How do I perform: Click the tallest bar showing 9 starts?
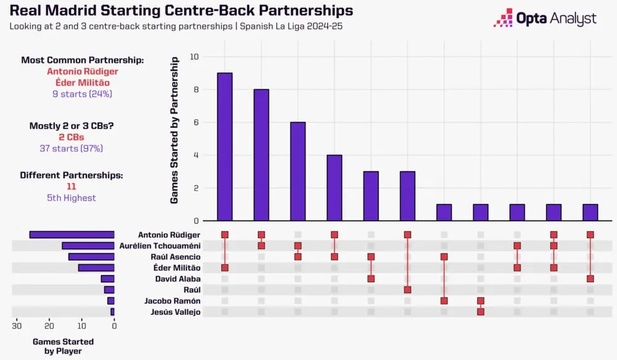click(x=225, y=146)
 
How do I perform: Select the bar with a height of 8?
click(x=261, y=154)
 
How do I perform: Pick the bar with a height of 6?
click(x=297, y=171)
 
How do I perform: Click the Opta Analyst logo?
click(x=545, y=18)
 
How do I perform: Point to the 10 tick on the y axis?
click(x=195, y=57)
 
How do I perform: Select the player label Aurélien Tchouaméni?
click(x=168, y=246)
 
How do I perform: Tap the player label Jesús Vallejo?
click(x=175, y=312)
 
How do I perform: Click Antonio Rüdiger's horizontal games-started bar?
click(x=72, y=235)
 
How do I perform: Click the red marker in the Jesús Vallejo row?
click(x=481, y=312)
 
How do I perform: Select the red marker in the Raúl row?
click(x=407, y=290)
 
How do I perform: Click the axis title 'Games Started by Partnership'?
click(x=175, y=130)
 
